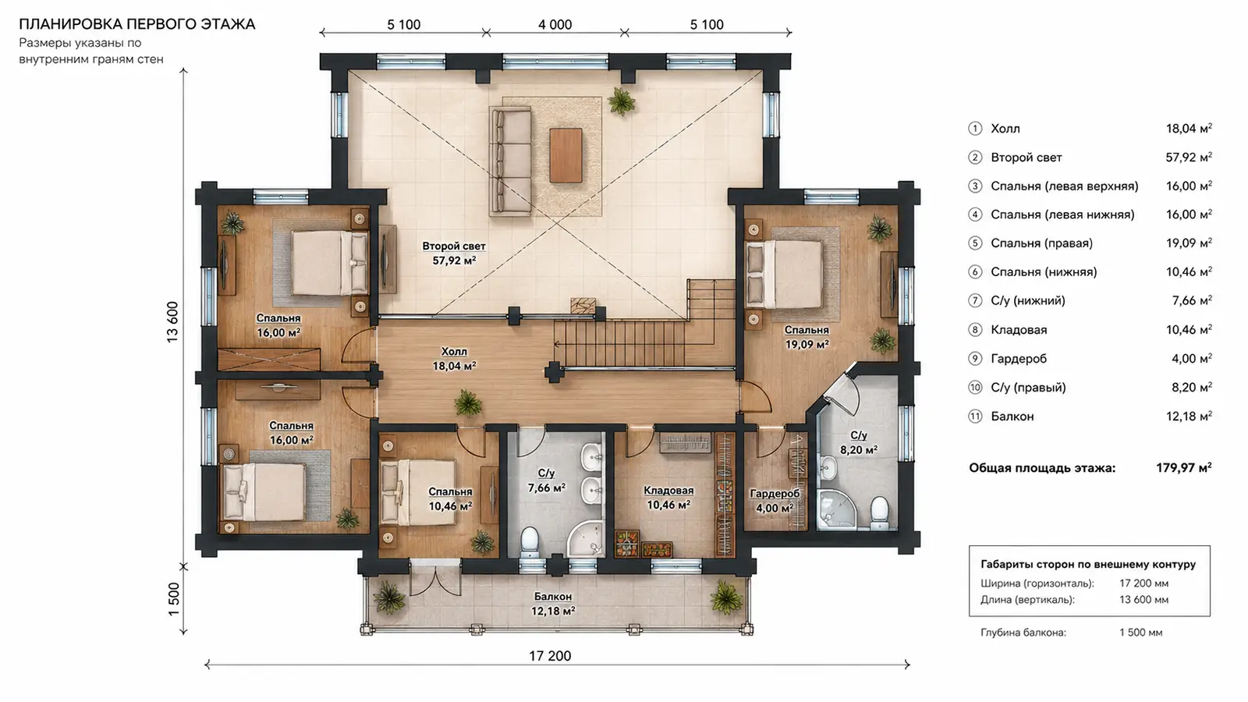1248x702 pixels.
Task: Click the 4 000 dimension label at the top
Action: (x=555, y=24)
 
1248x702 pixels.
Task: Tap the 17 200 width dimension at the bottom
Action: (x=550, y=656)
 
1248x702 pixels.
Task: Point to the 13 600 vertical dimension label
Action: (x=172, y=322)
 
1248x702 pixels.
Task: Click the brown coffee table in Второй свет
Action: (x=566, y=155)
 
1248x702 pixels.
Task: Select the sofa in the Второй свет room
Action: (x=510, y=161)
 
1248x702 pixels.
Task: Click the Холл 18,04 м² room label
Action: (x=454, y=359)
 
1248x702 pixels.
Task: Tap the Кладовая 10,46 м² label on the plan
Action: (x=668, y=498)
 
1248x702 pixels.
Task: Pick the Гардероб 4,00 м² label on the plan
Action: (x=775, y=501)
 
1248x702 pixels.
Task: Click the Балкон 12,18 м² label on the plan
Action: (x=553, y=604)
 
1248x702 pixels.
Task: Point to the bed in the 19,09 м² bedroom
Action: (x=785, y=274)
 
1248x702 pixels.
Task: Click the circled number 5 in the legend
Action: (x=975, y=243)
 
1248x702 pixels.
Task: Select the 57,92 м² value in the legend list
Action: (x=1189, y=157)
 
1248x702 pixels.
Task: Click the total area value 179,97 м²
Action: (x=1184, y=467)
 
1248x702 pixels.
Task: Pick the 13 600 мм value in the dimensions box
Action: (x=1143, y=600)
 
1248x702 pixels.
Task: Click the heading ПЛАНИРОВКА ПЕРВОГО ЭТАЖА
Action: (x=137, y=24)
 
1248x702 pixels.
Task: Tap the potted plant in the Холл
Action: (x=468, y=402)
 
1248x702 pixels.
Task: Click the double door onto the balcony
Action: (x=435, y=580)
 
